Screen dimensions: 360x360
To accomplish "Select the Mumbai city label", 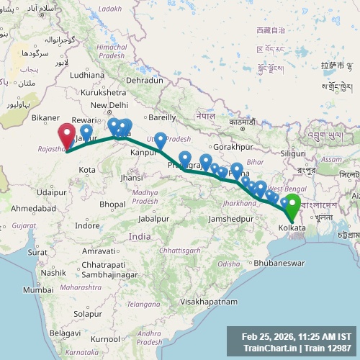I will pyautogui.click(x=37, y=289).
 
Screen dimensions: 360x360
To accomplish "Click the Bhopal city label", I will pyautogui.click(x=112, y=204).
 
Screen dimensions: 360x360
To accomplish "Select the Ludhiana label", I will pyautogui.click(x=87, y=74).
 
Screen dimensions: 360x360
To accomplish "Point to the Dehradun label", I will pyautogui.click(x=145, y=81).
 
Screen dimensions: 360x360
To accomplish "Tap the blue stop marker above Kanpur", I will pyautogui.click(x=161, y=139).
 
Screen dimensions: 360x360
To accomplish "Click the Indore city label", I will pyautogui.click(x=87, y=225).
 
